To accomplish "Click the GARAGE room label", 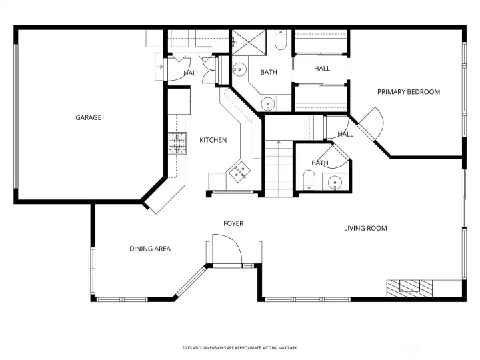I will [88, 118].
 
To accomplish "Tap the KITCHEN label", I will [213, 140].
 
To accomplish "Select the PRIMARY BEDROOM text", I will [409, 92].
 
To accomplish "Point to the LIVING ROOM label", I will [365, 229].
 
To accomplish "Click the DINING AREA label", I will [150, 249].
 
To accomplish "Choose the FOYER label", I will [233, 224].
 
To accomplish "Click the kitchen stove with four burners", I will [177, 143].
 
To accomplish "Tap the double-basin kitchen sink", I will [239, 172].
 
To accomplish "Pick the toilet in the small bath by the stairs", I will [309, 179].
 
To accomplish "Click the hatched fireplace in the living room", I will [409, 287].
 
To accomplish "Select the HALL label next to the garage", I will [191, 73].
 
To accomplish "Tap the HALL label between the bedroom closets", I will [322, 69].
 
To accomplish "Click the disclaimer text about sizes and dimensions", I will [240, 348].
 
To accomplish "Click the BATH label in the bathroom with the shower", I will [269, 73].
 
